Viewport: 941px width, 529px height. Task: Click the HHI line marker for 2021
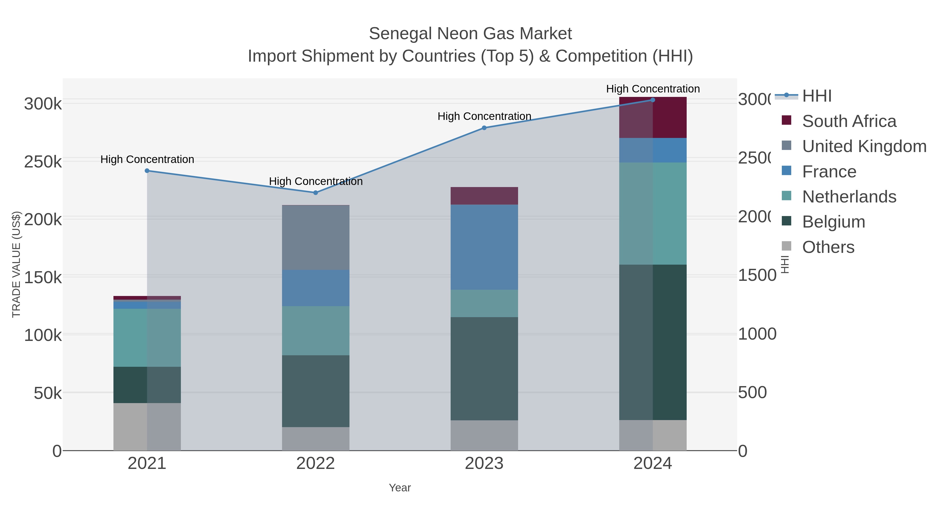tap(147, 171)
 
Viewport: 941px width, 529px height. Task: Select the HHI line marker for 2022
tap(315, 193)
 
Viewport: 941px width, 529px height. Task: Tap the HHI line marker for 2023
tap(484, 128)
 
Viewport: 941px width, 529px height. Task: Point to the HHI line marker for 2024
tap(653, 100)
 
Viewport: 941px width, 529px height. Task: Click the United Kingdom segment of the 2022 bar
tap(315, 237)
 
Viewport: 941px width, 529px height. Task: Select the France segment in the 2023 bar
tap(484, 247)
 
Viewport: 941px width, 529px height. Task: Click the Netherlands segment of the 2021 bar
tap(147, 338)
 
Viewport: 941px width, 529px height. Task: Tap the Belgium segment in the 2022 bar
tap(315, 391)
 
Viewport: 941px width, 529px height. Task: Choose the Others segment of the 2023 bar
tap(484, 435)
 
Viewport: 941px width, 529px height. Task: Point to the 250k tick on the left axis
tap(43, 162)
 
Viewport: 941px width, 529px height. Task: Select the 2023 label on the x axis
tap(484, 464)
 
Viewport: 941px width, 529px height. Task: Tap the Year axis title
tap(400, 488)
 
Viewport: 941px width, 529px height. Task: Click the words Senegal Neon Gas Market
tap(470, 34)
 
